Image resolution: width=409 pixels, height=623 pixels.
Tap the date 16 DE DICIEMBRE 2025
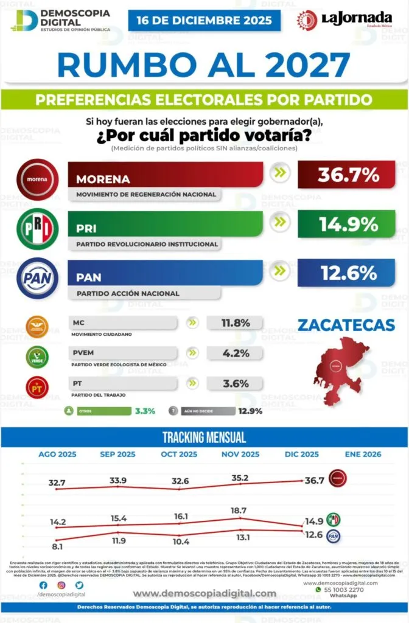(x=204, y=20)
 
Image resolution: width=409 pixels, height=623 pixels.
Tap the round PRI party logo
(x=38, y=229)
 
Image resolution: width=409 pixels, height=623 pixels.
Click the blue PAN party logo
(x=38, y=278)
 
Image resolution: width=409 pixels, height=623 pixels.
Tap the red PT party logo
(x=37, y=387)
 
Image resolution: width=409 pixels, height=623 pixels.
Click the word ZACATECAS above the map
(x=346, y=325)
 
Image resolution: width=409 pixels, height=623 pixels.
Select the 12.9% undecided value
(x=250, y=411)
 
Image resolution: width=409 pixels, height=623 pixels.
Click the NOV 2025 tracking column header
(x=241, y=454)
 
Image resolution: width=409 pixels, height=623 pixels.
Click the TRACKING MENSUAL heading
(x=204, y=437)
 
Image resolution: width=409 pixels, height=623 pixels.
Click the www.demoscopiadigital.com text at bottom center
(x=204, y=594)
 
